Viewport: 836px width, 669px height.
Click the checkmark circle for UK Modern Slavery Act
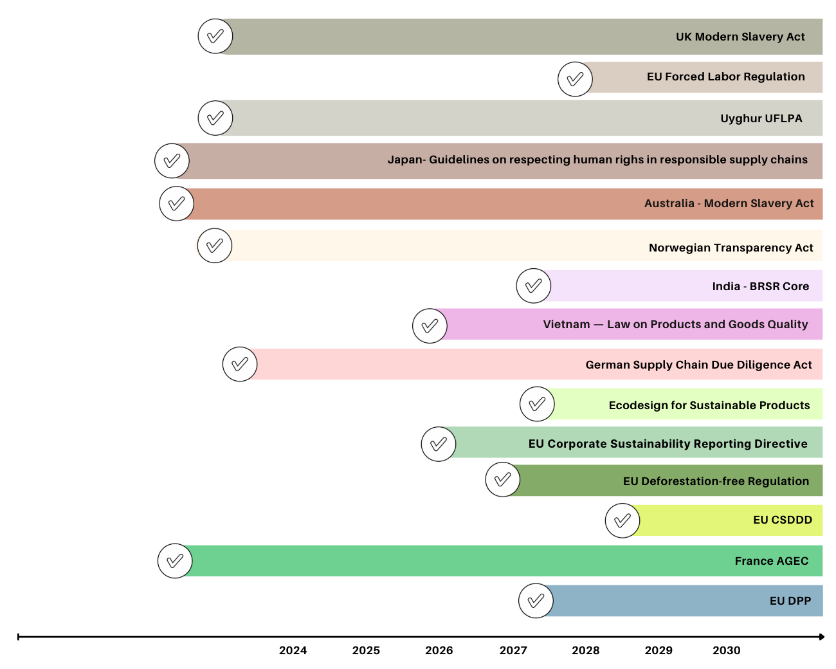(215, 36)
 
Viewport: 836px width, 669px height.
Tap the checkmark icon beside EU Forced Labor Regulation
(575, 79)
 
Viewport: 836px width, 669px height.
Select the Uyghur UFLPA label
(761, 118)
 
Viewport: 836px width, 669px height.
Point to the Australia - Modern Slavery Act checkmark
(176, 204)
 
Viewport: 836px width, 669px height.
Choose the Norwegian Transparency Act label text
(731, 248)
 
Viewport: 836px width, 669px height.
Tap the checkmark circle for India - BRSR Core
(534, 286)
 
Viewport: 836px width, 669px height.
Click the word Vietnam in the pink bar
(566, 324)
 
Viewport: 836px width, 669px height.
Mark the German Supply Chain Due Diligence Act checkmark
(240, 364)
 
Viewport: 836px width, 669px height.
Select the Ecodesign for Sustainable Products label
(709, 405)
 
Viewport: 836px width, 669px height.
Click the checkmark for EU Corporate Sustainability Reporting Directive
(439, 444)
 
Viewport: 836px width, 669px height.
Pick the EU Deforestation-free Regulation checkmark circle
(503, 479)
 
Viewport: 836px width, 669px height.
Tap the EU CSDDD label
(782, 520)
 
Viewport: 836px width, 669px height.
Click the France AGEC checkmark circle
(175, 561)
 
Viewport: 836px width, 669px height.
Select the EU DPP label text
(790, 601)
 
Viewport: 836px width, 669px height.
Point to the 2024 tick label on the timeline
(293, 650)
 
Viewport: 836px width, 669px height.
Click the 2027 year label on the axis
(513, 650)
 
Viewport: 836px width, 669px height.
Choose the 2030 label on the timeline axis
(726, 650)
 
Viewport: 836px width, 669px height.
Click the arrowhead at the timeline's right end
(821, 637)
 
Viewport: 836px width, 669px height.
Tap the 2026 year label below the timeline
(439, 650)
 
